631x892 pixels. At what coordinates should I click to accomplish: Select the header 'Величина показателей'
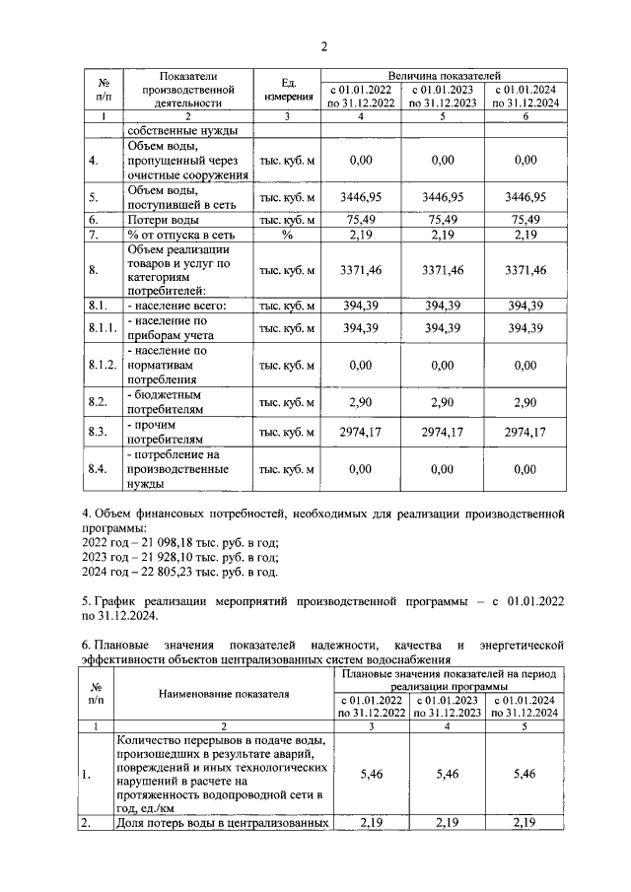(x=445, y=75)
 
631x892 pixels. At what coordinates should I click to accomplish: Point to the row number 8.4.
(x=97, y=469)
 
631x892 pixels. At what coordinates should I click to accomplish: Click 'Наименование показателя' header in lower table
(x=224, y=694)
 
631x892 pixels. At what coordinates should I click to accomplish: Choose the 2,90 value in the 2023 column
(x=444, y=401)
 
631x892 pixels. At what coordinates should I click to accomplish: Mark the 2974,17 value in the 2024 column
(x=526, y=432)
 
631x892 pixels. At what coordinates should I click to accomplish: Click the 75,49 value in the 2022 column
(x=361, y=219)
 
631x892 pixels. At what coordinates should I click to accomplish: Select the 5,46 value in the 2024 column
(x=526, y=775)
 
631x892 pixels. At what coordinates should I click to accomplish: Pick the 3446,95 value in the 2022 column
(x=361, y=196)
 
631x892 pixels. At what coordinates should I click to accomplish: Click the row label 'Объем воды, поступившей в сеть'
(x=174, y=196)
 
